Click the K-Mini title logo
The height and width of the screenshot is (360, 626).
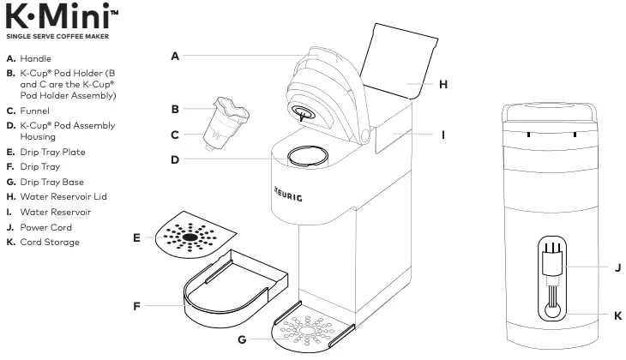click(x=60, y=17)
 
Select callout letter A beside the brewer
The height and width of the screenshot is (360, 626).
click(x=174, y=57)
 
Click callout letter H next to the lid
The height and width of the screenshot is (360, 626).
click(x=442, y=84)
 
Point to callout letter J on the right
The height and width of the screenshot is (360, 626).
click(x=617, y=267)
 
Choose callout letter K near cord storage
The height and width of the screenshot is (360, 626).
click(x=617, y=315)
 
